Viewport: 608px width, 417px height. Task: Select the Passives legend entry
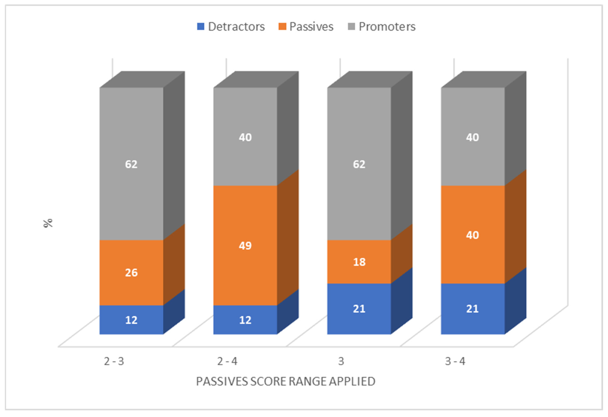306,27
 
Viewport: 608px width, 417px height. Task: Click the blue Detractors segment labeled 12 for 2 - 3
132,320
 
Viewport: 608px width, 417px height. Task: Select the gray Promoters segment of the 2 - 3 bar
132,164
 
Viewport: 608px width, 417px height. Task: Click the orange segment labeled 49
245,245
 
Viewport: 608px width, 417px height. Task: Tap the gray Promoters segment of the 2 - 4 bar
245,137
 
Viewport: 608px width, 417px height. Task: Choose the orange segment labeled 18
359,262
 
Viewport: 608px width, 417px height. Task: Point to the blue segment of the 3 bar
359,309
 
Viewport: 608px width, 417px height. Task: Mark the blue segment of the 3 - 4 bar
473,309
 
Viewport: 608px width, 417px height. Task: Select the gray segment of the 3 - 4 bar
473,137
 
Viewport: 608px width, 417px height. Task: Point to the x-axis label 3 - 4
455,361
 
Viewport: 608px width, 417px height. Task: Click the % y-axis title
48,223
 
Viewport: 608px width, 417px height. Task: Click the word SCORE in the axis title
268,381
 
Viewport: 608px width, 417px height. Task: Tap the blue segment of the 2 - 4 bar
245,320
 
